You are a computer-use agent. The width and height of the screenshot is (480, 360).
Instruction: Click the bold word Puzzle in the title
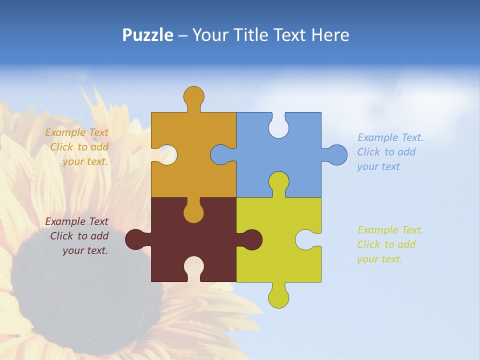[x=147, y=35]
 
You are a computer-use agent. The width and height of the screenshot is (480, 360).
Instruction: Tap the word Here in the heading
[x=330, y=35]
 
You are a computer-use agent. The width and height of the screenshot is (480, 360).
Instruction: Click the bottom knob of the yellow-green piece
[x=278, y=297]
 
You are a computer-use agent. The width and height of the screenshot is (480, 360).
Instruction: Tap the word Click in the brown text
[x=61, y=236]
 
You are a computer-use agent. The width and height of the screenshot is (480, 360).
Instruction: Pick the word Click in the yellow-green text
[x=368, y=244]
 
